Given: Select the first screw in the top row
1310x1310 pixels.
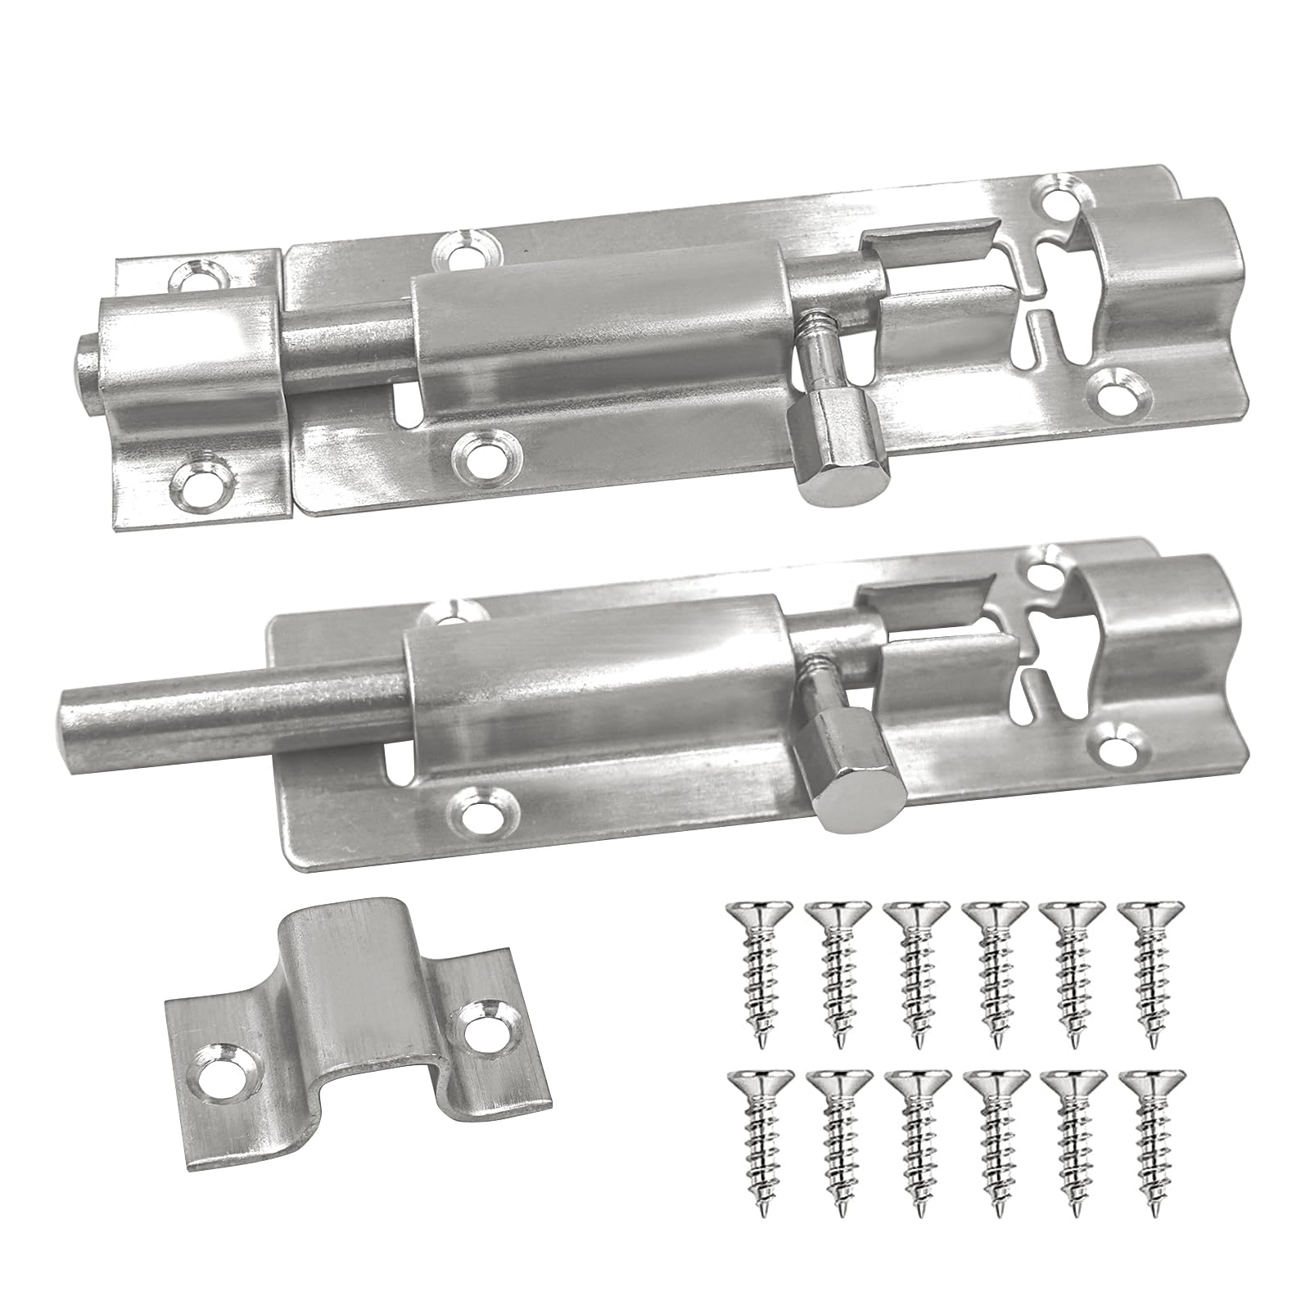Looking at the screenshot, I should [x=753, y=970].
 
